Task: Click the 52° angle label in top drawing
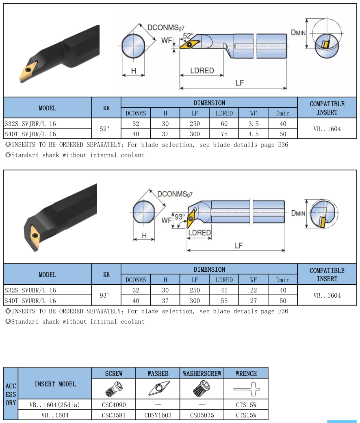tap(188, 36)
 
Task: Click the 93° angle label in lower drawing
tap(180, 217)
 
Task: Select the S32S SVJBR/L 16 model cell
tap(30, 124)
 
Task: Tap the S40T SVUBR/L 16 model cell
tap(30, 301)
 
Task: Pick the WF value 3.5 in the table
tap(254, 124)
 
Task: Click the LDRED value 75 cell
tap(224, 134)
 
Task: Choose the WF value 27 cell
tap(254, 301)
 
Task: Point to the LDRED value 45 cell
tap(224, 290)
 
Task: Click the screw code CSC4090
tap(114, 405)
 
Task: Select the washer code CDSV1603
tap(158, 415)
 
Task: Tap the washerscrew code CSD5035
tap(202, 415)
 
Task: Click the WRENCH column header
tap(246, 373)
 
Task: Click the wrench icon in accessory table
tap(246, 389)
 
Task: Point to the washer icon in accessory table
tap(158, 389)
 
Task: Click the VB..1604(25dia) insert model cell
tap(55, 405)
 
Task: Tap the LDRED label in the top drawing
tap(202, 70)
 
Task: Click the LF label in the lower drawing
tap(239, 246)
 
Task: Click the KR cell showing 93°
tap(105, 296)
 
